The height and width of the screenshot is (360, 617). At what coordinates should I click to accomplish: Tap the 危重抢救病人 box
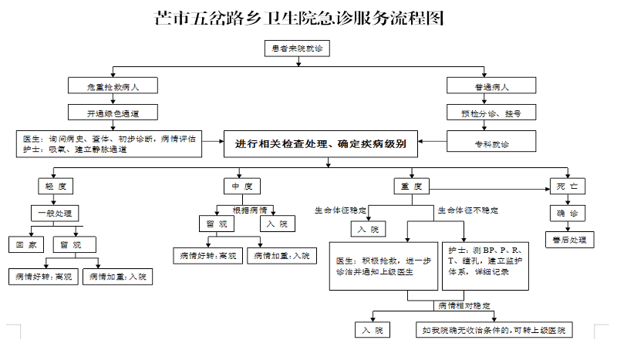[x=113, y=87]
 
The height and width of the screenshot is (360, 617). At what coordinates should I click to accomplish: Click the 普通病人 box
[x=491, y=87]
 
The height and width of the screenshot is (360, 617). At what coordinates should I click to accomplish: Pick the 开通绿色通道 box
[x=113, y=113]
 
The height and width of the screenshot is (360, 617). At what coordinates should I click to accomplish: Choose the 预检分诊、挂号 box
[x=491, y=113]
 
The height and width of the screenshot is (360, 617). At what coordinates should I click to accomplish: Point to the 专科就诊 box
[x=491, y=143]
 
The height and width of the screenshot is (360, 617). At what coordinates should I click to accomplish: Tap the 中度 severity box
[x=241, y=186]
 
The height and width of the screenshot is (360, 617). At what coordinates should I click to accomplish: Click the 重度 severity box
[x=410, y=186]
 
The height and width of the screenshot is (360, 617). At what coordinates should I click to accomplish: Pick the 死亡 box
[x=568, y=186]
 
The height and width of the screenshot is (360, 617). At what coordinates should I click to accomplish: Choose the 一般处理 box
[x=55, y=213]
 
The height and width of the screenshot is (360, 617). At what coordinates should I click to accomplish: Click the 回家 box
[x=26, y=244]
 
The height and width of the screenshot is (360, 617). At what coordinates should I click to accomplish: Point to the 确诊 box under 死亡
[x=568, y=212]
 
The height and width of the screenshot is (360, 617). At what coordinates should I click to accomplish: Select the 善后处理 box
[x=568, y=240]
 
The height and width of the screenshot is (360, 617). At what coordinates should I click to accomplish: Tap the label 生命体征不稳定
[x=468, y=210]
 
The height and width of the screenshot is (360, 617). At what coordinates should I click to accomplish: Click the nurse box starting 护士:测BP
[x=487, y=266]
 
